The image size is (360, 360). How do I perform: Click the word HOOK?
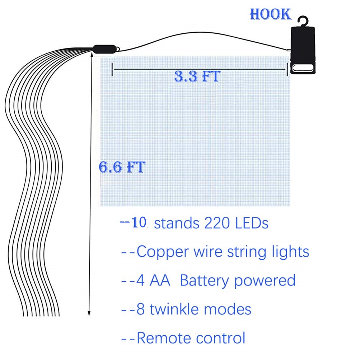click(x=270, y=14)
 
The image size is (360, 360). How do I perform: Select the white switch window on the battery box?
click(x=302, y=68)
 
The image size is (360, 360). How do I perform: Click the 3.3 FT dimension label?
click(x=197, y=76)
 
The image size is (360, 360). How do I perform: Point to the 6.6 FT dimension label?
click(x=122, y=167)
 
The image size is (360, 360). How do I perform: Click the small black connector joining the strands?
click(x=104, y=49)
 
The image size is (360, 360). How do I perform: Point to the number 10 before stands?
click(x=139, y=223)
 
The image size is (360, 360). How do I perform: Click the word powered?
click(x=265, y=280)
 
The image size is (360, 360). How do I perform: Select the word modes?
click(x=231, y=309)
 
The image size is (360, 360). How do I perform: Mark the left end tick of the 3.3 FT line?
click(x=112, y=69)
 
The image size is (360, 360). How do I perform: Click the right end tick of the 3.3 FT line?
click(x=287, y=69)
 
